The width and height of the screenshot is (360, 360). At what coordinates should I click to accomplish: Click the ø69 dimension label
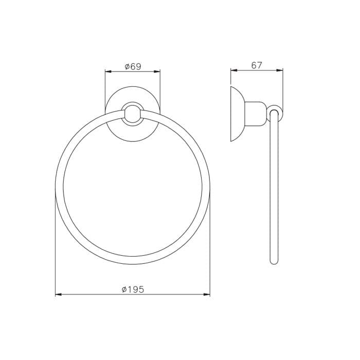(133, 66)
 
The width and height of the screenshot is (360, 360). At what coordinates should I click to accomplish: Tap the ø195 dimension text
(133, 290)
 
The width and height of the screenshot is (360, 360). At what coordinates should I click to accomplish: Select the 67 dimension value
(257, 65)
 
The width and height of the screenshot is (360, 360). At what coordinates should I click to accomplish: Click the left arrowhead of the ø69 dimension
(108, 71)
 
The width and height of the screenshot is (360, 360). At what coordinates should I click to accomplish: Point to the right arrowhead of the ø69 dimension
(157, 71)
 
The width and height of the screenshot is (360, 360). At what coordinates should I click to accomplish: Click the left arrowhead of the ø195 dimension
(59, 294)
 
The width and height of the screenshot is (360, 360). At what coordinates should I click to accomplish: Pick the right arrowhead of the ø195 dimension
(207, 294)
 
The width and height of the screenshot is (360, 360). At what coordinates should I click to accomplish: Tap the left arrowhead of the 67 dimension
(233, 70)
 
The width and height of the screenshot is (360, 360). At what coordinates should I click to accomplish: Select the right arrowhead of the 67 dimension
(280, 70)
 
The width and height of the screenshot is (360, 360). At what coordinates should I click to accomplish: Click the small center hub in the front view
(133, 114)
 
